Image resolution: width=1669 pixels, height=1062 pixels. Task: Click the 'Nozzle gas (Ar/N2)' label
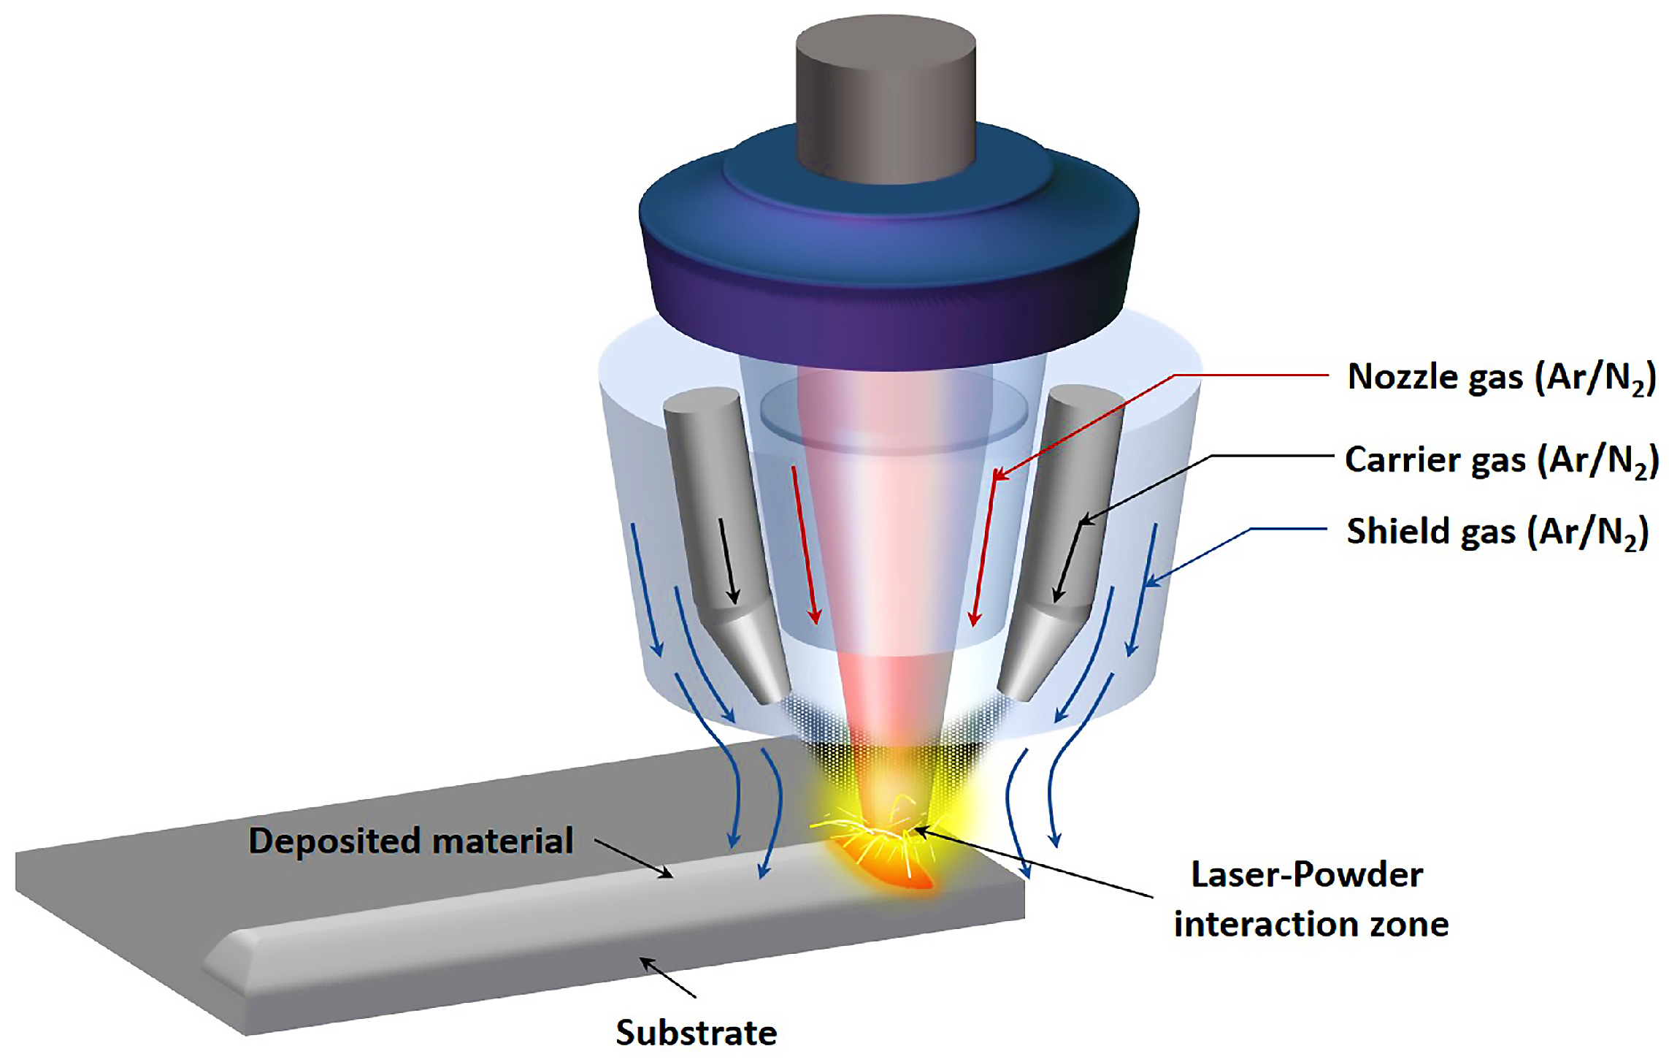pos(1500,378)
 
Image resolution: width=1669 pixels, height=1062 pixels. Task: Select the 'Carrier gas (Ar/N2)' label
pos(1501,461)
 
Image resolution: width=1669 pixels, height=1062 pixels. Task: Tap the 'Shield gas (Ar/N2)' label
pos(1497,532)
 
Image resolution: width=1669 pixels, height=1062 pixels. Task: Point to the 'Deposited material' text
pos(410,841)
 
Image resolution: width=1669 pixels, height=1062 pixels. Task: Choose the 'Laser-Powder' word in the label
pos(1306,875)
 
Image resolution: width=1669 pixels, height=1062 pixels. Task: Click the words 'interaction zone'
pos(1311,925)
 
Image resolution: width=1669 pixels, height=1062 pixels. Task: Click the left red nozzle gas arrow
pos(805,545)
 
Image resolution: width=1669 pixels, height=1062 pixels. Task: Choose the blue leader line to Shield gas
pos(1289,528)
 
